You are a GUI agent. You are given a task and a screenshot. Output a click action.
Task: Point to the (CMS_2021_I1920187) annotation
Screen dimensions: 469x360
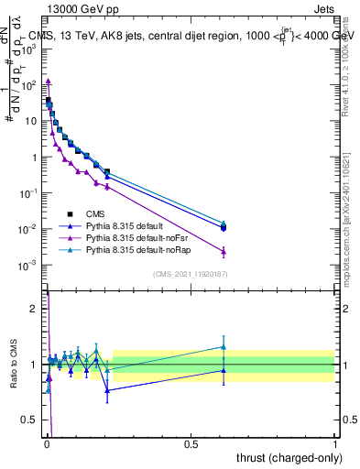pos(191,273)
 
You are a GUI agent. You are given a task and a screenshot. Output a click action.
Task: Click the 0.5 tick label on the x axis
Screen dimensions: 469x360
pos(191,442)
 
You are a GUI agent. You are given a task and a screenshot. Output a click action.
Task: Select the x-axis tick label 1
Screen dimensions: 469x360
pos(335,442)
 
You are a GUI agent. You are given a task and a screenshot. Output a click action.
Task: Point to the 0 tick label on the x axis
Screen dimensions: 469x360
pos(47,442)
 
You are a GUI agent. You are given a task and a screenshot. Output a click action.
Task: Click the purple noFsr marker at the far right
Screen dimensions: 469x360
pos(224,251)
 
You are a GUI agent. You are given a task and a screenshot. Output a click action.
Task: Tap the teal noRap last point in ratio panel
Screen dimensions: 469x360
pos(224,346)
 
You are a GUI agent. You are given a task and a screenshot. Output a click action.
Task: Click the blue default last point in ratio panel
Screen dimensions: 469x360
pos(224,370)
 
